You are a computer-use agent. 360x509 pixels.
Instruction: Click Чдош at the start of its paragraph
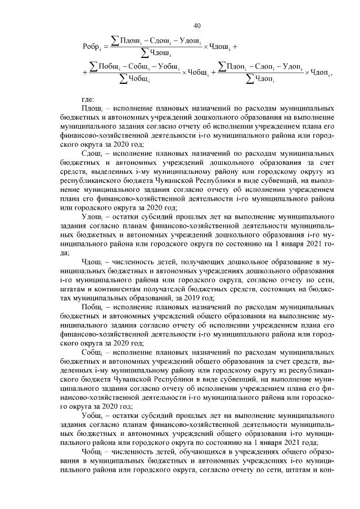(x=91, y=262)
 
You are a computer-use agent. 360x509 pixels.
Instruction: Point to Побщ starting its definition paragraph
(x=92, y=308)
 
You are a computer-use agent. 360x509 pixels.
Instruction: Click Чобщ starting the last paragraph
(x=92, y=452)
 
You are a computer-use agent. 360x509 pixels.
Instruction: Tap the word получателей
(x=148, y=290)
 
